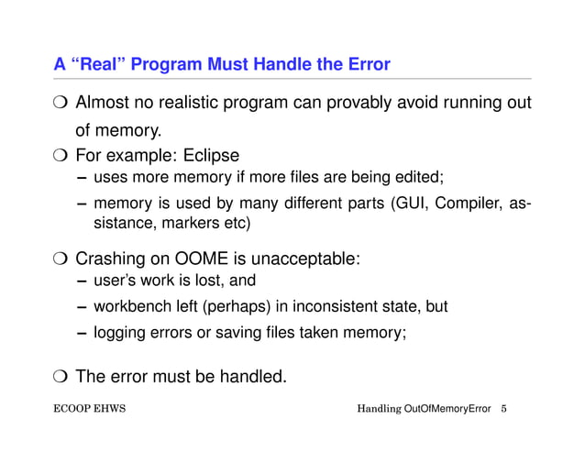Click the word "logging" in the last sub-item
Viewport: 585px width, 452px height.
pos(119,333)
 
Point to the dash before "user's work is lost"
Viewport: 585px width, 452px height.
pos(82,281)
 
